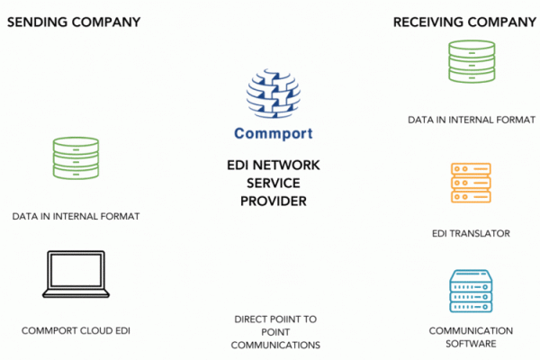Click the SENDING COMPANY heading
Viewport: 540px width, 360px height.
74,21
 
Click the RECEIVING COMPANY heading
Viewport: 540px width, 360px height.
464,21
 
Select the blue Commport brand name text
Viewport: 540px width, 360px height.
274,135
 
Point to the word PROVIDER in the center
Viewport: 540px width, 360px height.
274,201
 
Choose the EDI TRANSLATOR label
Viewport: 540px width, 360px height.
471,234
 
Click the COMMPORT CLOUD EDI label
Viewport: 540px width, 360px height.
76,331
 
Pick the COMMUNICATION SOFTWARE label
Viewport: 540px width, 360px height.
471,337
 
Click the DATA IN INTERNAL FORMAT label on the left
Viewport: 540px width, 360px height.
76,217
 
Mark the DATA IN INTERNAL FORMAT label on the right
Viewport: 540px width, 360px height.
471,119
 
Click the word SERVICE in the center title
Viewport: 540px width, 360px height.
274,184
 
